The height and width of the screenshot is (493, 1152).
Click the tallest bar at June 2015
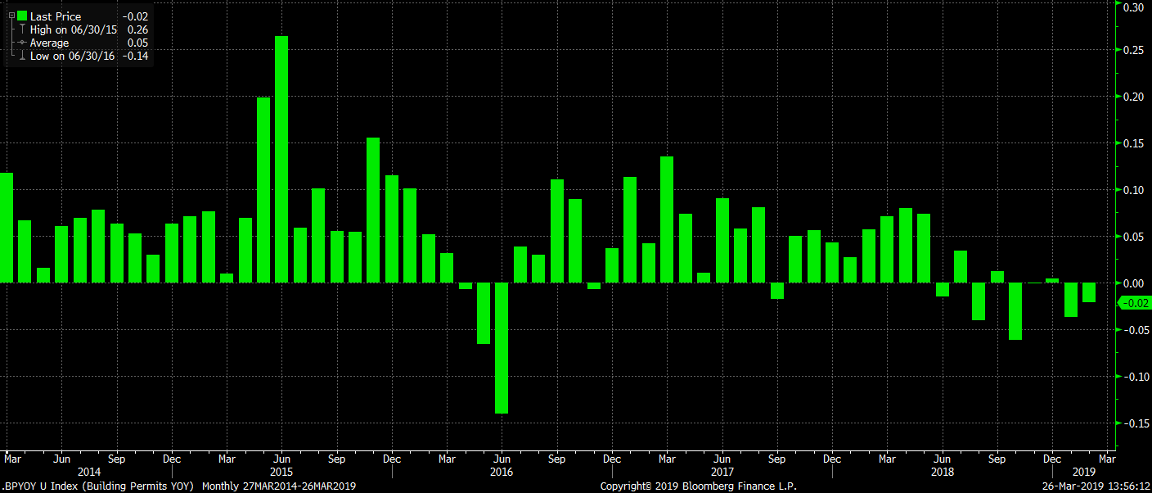coord(281,160)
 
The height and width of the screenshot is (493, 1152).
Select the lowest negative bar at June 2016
coord(502,348)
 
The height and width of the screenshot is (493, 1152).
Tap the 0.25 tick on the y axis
coord(1132,51)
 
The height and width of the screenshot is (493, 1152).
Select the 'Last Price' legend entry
coord(56,16)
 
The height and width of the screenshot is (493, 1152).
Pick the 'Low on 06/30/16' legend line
coord(72,56)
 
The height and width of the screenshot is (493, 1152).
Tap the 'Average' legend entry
coord(49,43)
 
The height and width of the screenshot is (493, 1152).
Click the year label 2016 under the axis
coord(502,473)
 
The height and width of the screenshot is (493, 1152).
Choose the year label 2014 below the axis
coord(88,473)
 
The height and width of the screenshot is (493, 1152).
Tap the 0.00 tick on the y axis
coord(1132,283)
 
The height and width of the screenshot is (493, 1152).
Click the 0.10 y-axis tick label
coord(1132,190)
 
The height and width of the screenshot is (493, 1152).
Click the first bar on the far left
coord(7,228)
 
